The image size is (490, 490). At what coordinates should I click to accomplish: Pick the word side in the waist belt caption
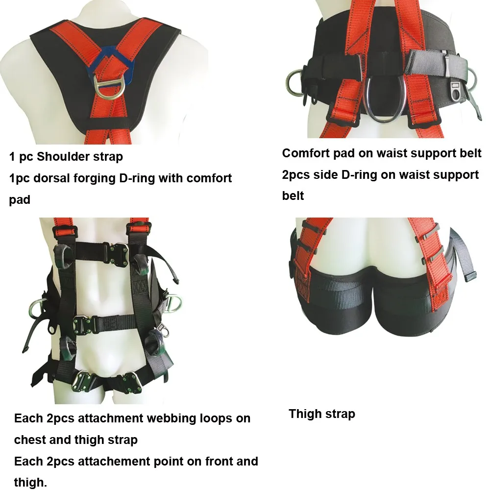(x=326, y=175)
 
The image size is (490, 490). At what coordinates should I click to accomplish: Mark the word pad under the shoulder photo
(x=20, y=200)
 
